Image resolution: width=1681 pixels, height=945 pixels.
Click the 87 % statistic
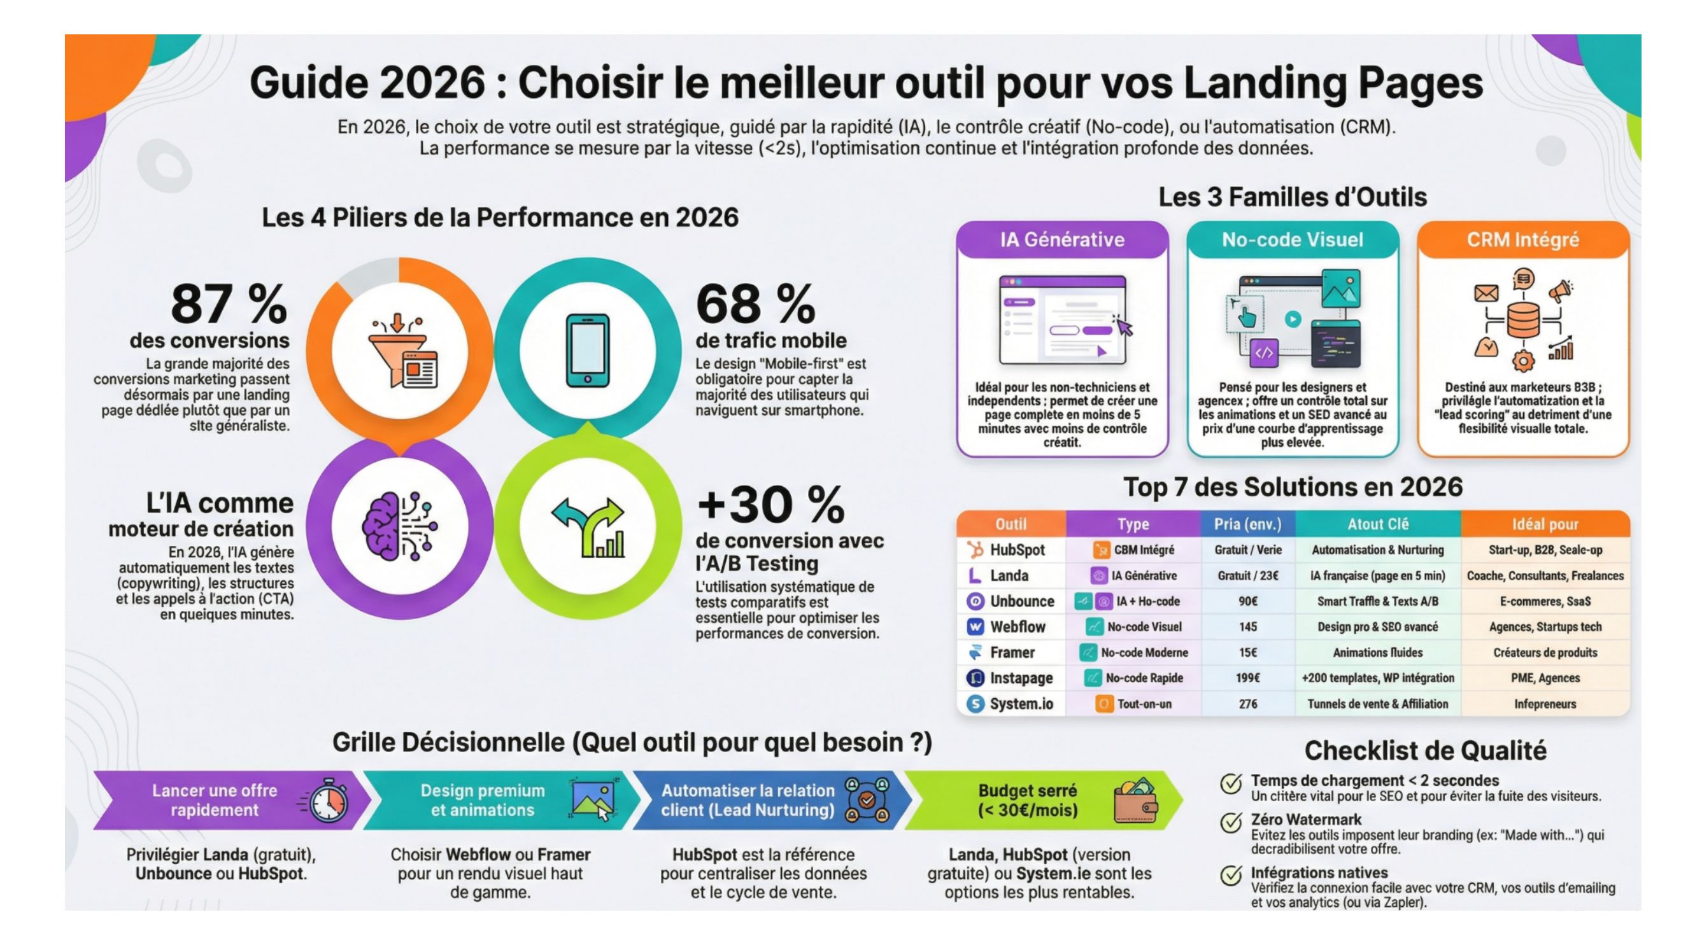coord(229,304)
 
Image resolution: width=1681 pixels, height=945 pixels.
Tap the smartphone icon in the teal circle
coord(587,351)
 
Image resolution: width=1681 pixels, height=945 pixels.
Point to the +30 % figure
coord(770,505)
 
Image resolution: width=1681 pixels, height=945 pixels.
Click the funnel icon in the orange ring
coord(402,351)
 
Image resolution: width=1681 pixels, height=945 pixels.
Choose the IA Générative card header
coord(1061,240)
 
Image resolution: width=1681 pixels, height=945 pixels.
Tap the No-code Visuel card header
coord(1292,240)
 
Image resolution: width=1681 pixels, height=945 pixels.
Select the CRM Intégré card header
coord(1522,240)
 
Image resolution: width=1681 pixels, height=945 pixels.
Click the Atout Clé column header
coord(1377,524)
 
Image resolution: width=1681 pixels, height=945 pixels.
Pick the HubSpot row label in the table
coord(1017,550)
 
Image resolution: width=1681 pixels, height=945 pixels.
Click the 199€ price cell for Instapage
coord(1247,678)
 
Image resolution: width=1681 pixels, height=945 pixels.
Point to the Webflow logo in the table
coord(975,627)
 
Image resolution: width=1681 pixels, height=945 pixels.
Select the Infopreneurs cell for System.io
coord(1545,704)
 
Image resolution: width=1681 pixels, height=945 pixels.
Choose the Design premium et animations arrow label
coord(482,800)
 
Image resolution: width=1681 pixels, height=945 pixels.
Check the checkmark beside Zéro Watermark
coord(1231,823)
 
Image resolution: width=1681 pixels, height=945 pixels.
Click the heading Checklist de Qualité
coord(1425,751)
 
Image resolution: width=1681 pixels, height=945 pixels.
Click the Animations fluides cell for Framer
coord(1377,653)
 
